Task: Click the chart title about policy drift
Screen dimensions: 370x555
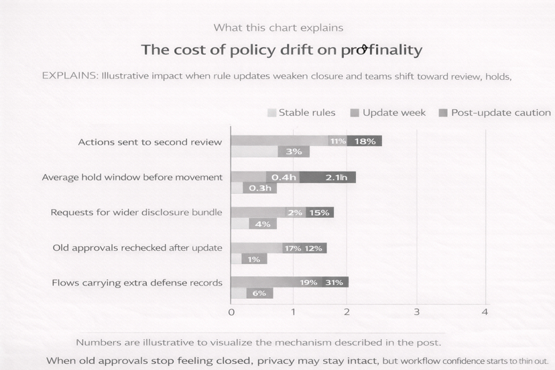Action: [281, 50]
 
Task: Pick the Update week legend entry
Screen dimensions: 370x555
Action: [387, 113]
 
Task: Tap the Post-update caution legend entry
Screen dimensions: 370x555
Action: [494, 113]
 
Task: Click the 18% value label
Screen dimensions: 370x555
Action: [364, 141]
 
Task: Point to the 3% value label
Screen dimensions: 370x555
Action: [294, 152]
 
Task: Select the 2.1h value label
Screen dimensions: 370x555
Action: [336, 178]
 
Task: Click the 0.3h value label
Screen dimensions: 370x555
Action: [259, 188]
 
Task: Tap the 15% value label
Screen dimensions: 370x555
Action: [318, 213]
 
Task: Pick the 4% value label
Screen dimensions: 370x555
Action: [262, 224]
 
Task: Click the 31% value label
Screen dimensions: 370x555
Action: [334, 283]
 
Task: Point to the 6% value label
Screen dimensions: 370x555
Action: [259, 294]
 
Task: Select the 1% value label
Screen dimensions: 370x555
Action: [253, 259]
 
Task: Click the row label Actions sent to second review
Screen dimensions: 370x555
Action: [149, 142]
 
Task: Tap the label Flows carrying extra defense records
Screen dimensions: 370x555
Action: [137, 283]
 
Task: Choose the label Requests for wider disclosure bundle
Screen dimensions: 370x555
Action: [136, 212]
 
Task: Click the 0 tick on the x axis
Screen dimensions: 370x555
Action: [231, 312]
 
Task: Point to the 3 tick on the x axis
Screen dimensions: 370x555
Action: [417, 312]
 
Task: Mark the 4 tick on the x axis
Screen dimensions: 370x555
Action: [485, 312]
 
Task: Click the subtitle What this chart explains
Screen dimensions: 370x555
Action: [278, 27]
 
